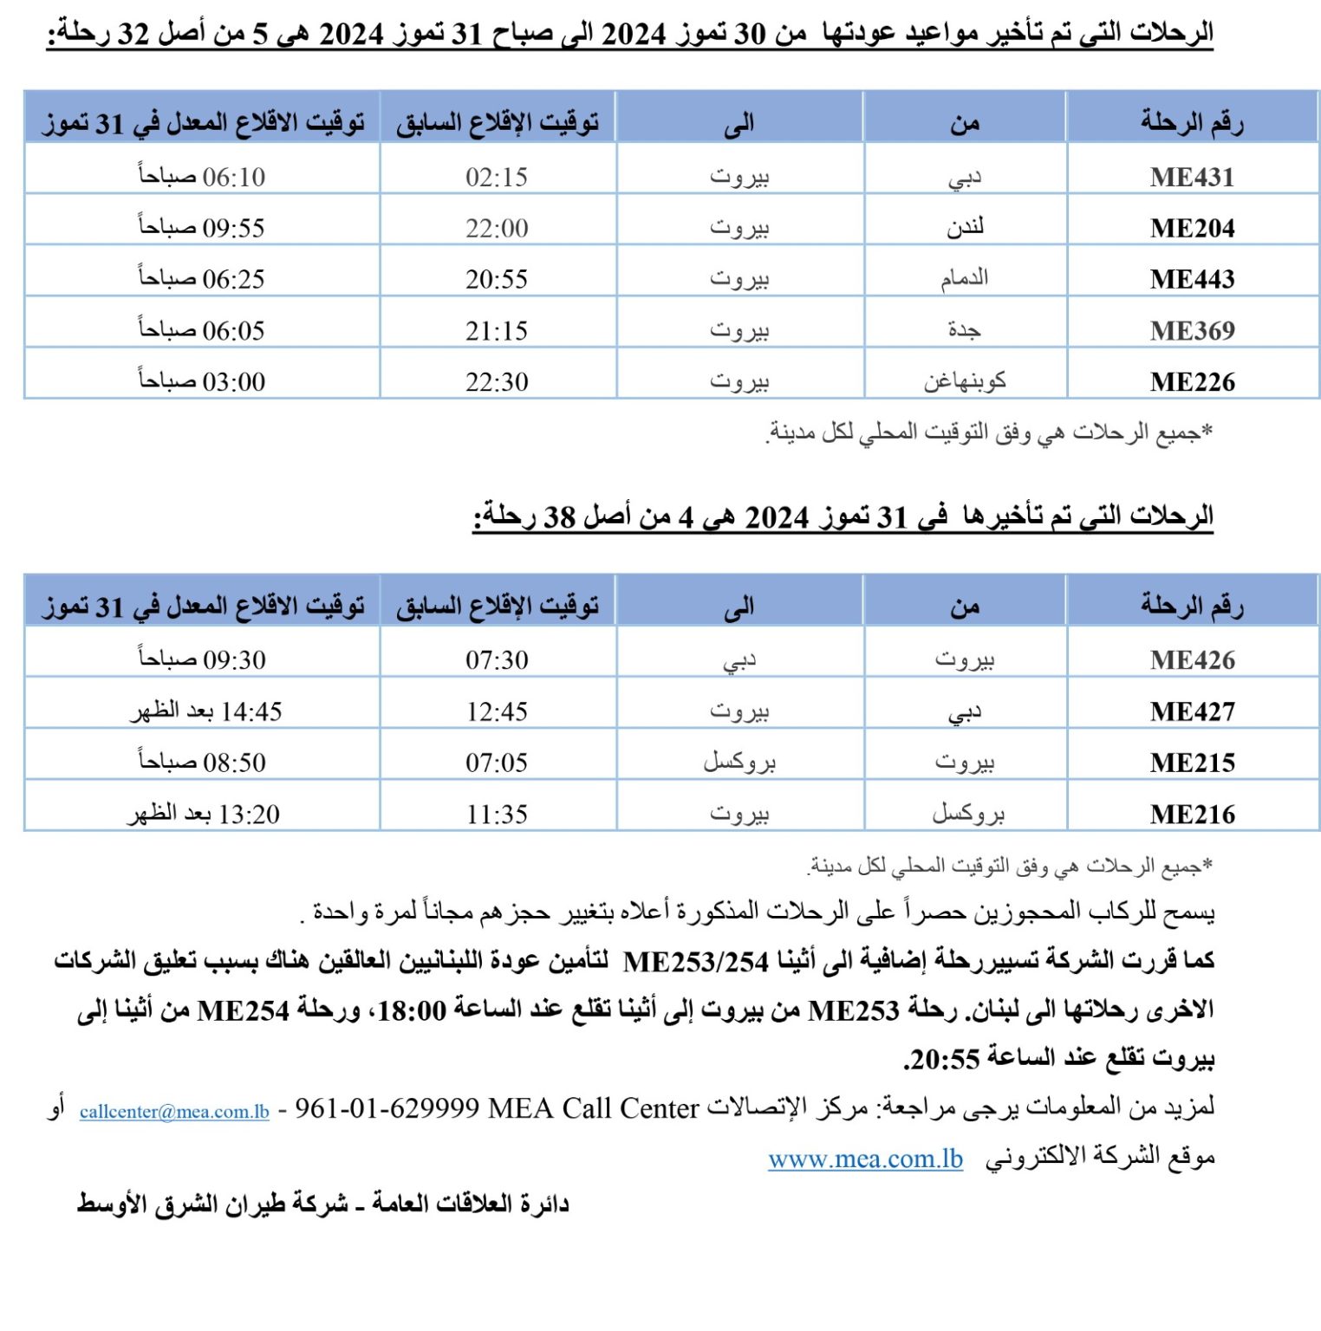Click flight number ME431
[1192, 177]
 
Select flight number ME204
[1192, 228]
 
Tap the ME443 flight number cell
[1192, 279]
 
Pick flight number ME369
[1192, 330]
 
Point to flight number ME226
[1192, 381]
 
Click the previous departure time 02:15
[497, 177]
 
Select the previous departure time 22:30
[497, 381]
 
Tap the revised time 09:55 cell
[202, 228]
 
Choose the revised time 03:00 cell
[202, 381]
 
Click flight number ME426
[1192, 660]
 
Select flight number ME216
[1192, 815]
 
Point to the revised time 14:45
[206, 711]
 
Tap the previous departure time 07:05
[497, 763]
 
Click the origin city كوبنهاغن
[965, 381]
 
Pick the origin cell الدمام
[965, 278]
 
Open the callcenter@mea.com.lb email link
[174, 1112]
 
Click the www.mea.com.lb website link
[865, 1159]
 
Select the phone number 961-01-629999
[387, 1108]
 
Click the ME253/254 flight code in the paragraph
[696, 962]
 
